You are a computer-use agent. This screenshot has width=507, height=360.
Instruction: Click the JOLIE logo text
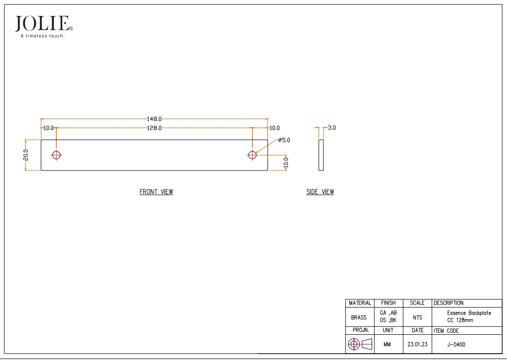tap(42, 24)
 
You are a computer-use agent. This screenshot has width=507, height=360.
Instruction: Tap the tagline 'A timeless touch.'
tap(43, 36)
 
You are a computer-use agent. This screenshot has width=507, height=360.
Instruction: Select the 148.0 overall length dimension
tap(154, 119)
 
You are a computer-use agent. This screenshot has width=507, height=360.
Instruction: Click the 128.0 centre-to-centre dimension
tap(154, 128)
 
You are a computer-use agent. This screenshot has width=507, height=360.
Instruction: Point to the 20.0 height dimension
tap(26, 155)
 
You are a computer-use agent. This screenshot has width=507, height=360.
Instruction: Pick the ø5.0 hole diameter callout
tap(284, 140)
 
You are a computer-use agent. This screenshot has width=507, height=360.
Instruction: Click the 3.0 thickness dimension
tap(332, 128)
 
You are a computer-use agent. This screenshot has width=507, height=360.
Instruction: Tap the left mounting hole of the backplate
tap(56, 155)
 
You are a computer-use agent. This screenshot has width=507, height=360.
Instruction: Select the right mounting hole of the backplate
tap(252, 155)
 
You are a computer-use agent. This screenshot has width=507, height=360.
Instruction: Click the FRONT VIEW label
tap(156, 192)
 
